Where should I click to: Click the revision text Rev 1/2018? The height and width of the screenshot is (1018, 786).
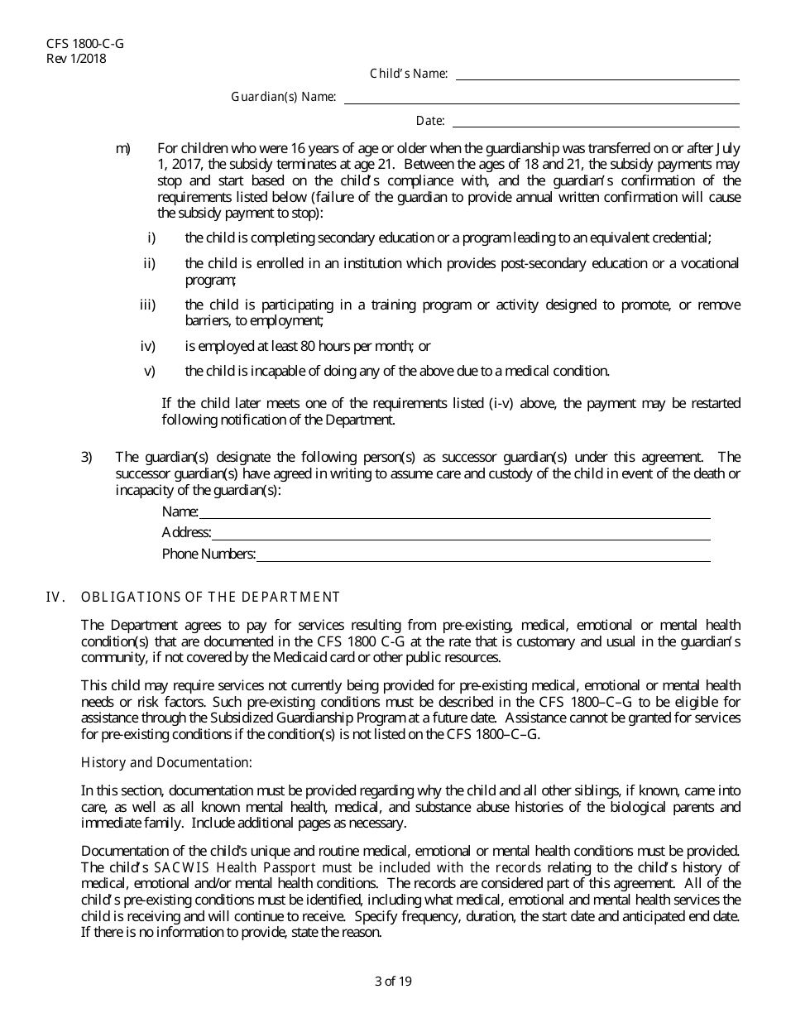pos(76,58)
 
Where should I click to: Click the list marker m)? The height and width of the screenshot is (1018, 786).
pos(123,149)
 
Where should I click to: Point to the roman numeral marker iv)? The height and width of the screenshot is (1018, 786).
pos(148,346)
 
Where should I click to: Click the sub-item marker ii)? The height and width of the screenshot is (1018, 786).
pos(150,263)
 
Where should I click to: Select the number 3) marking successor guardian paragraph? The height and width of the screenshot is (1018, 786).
pos(87,457)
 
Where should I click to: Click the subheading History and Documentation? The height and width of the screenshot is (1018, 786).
pos(166,761)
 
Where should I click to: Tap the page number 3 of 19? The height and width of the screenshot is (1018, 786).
pos(393,982)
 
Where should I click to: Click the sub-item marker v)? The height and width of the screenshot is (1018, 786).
pos(150,371)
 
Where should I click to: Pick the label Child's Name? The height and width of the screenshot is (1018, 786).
pos(409,74)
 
